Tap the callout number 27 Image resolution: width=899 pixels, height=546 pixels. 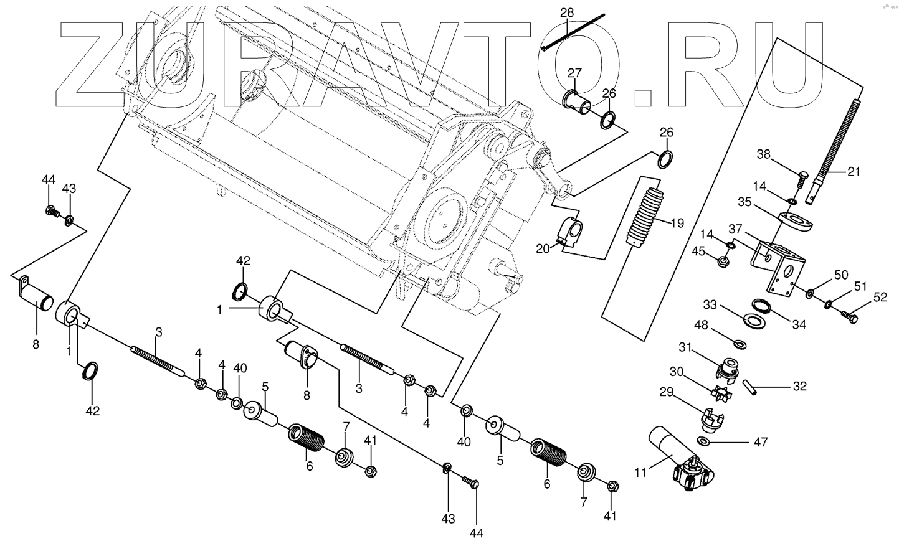click(574, 73)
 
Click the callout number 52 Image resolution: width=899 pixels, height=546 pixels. click(879, 298)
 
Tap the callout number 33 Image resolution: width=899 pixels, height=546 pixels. click(710, 305)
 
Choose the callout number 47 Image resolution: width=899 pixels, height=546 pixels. click(759, 443)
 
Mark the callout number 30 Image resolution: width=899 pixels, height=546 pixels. click(677, 371)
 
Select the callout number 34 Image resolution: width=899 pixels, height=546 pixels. click(799, 324)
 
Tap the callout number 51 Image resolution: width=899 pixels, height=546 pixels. click(860, 287)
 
